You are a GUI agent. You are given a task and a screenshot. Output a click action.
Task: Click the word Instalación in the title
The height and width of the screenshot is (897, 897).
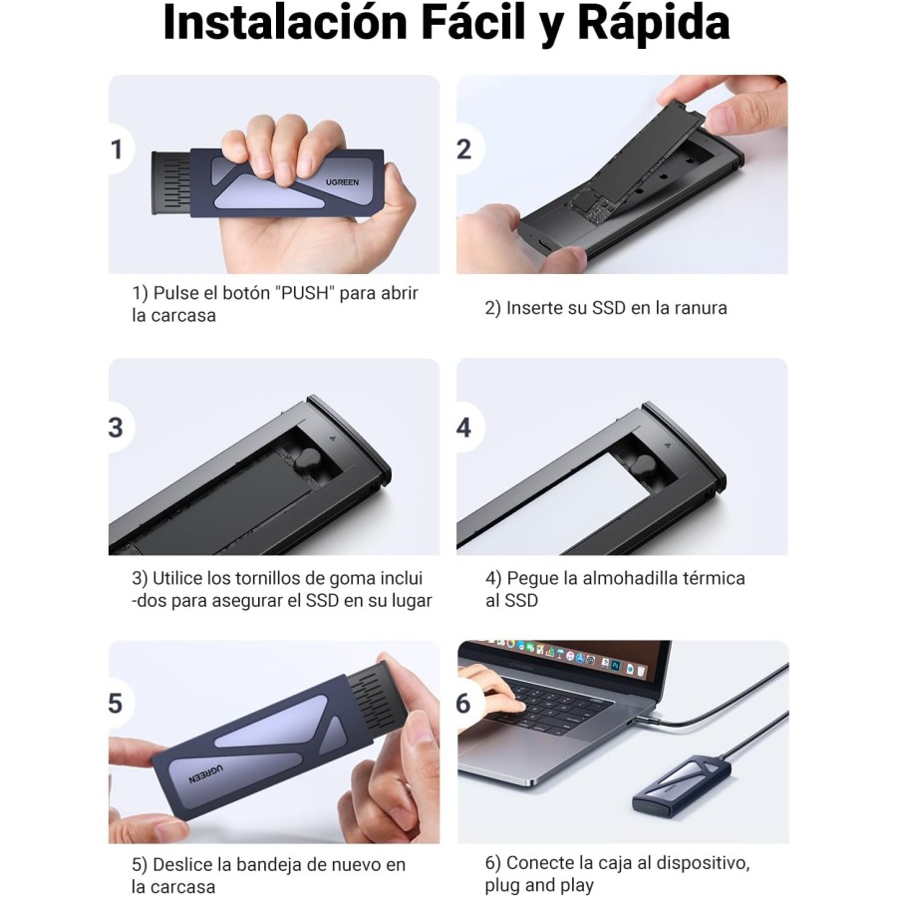click(285, 24)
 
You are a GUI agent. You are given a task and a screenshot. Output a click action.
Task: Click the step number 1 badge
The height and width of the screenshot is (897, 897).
click(118, 149)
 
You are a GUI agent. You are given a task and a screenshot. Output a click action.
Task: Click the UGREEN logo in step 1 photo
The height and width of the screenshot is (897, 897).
click(342, 182)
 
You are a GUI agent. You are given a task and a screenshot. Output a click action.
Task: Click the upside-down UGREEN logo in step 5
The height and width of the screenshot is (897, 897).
click(206, 774)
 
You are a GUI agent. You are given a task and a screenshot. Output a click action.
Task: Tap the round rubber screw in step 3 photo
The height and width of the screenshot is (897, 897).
click(307, 462)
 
